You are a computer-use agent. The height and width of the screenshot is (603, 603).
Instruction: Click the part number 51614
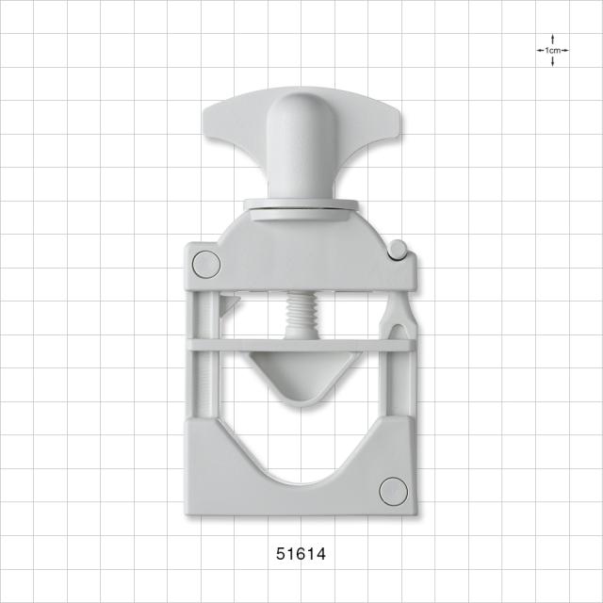pyautogui.click(x=301, y=554)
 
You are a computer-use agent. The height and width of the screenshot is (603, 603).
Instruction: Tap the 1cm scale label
pyautogui.click(x=552, y=50)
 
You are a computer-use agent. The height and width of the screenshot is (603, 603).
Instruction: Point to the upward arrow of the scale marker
pyautogui.click(x=553, y=40)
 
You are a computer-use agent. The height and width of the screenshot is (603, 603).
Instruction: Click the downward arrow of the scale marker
pyautogui.click(x=553, y=61)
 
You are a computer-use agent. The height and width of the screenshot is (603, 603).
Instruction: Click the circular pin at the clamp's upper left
pyautogui.click(x=206, y=265)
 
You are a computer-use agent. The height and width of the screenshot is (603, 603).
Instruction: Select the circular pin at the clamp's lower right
pyautogui.click(x=393, y=492)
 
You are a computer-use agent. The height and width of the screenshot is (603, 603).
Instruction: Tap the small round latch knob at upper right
pyautogui.click(x=398, y=249)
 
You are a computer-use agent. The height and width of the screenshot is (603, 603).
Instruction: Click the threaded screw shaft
pyautogui.click(x=301, y=315)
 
